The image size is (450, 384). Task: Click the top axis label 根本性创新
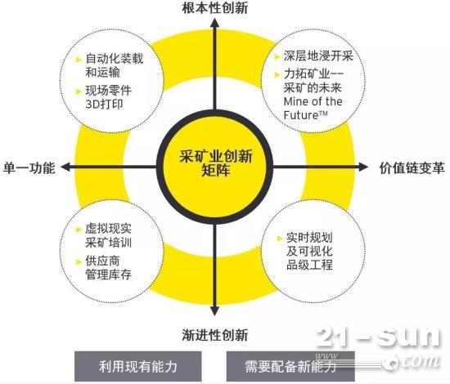[x=214, y=8]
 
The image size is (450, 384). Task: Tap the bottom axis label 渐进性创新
[x=214, y=335]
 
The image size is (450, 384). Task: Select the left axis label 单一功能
[x=29, y=167]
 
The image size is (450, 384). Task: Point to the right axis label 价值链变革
[x=412, y=168]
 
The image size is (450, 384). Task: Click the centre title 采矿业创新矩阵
[x=216, y=163]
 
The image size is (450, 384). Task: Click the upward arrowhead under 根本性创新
[x=214, y=22]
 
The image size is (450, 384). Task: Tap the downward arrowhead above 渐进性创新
[x=214, y=310]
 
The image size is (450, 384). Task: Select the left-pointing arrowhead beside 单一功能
[x=66, y=167]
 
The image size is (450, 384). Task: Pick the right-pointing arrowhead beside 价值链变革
[x=363, y=167]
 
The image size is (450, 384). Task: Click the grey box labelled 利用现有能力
[x=137, y=366]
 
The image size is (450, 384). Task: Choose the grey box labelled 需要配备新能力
[x=290, y=366]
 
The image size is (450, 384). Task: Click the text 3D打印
[x=104, y=105]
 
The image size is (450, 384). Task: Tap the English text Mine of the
[x=313, y=101]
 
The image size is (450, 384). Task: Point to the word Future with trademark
[x=306, y=115]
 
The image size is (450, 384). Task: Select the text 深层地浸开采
[x=318, y=56]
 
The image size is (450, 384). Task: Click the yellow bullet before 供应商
[x=79, y=261]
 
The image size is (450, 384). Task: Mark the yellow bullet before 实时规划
[x=279, y=238]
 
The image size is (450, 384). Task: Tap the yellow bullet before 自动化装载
[x=79, y=60]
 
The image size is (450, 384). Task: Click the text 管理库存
[x=109, y=275]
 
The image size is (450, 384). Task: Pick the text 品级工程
[x=309, y=265]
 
